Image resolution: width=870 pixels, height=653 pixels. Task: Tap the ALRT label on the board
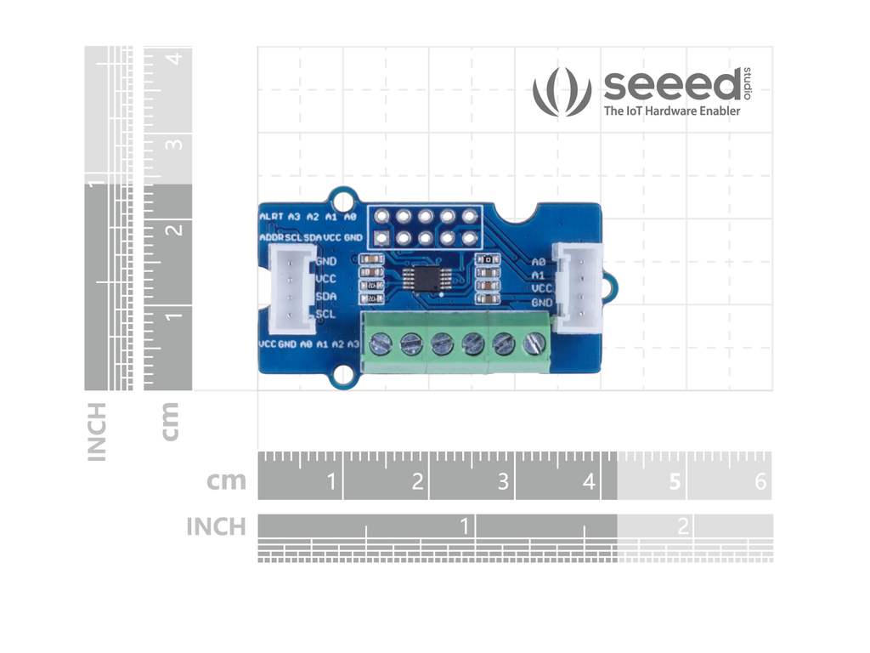click(272, 218)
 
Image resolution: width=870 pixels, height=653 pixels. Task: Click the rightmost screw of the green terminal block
click(534, 344)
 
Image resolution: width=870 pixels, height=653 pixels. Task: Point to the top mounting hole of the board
click(343, 202)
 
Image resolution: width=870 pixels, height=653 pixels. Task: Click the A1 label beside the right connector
click(537, 275)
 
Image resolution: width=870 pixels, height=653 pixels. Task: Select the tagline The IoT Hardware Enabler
click(671, 111)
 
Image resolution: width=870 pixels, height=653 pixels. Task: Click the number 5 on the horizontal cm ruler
click(675, 482)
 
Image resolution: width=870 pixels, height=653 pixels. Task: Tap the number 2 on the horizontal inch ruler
click(682, 526)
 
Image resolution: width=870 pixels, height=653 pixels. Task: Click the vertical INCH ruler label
click(97, 431)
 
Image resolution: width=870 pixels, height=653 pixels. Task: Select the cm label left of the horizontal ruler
click(226, 481)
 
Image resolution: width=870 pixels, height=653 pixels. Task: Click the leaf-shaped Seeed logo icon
click(562, 92)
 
